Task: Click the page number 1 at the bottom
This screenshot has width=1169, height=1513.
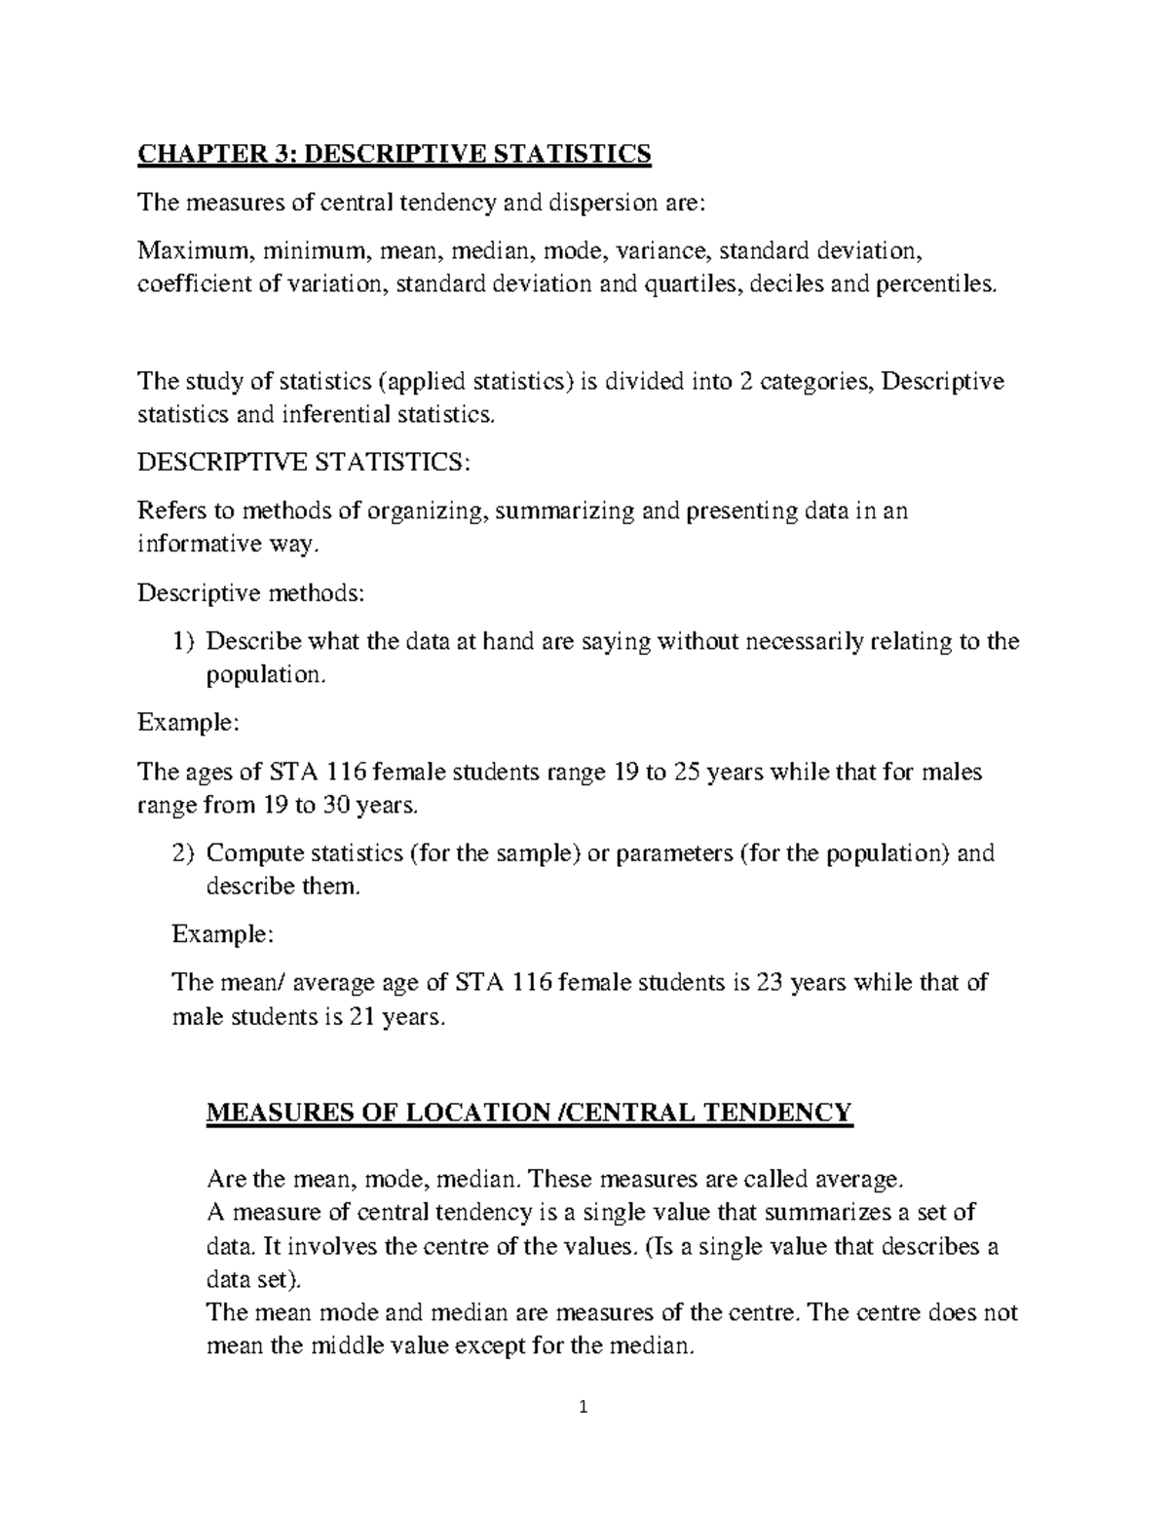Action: pyautogui.click(x=584, y=1407)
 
